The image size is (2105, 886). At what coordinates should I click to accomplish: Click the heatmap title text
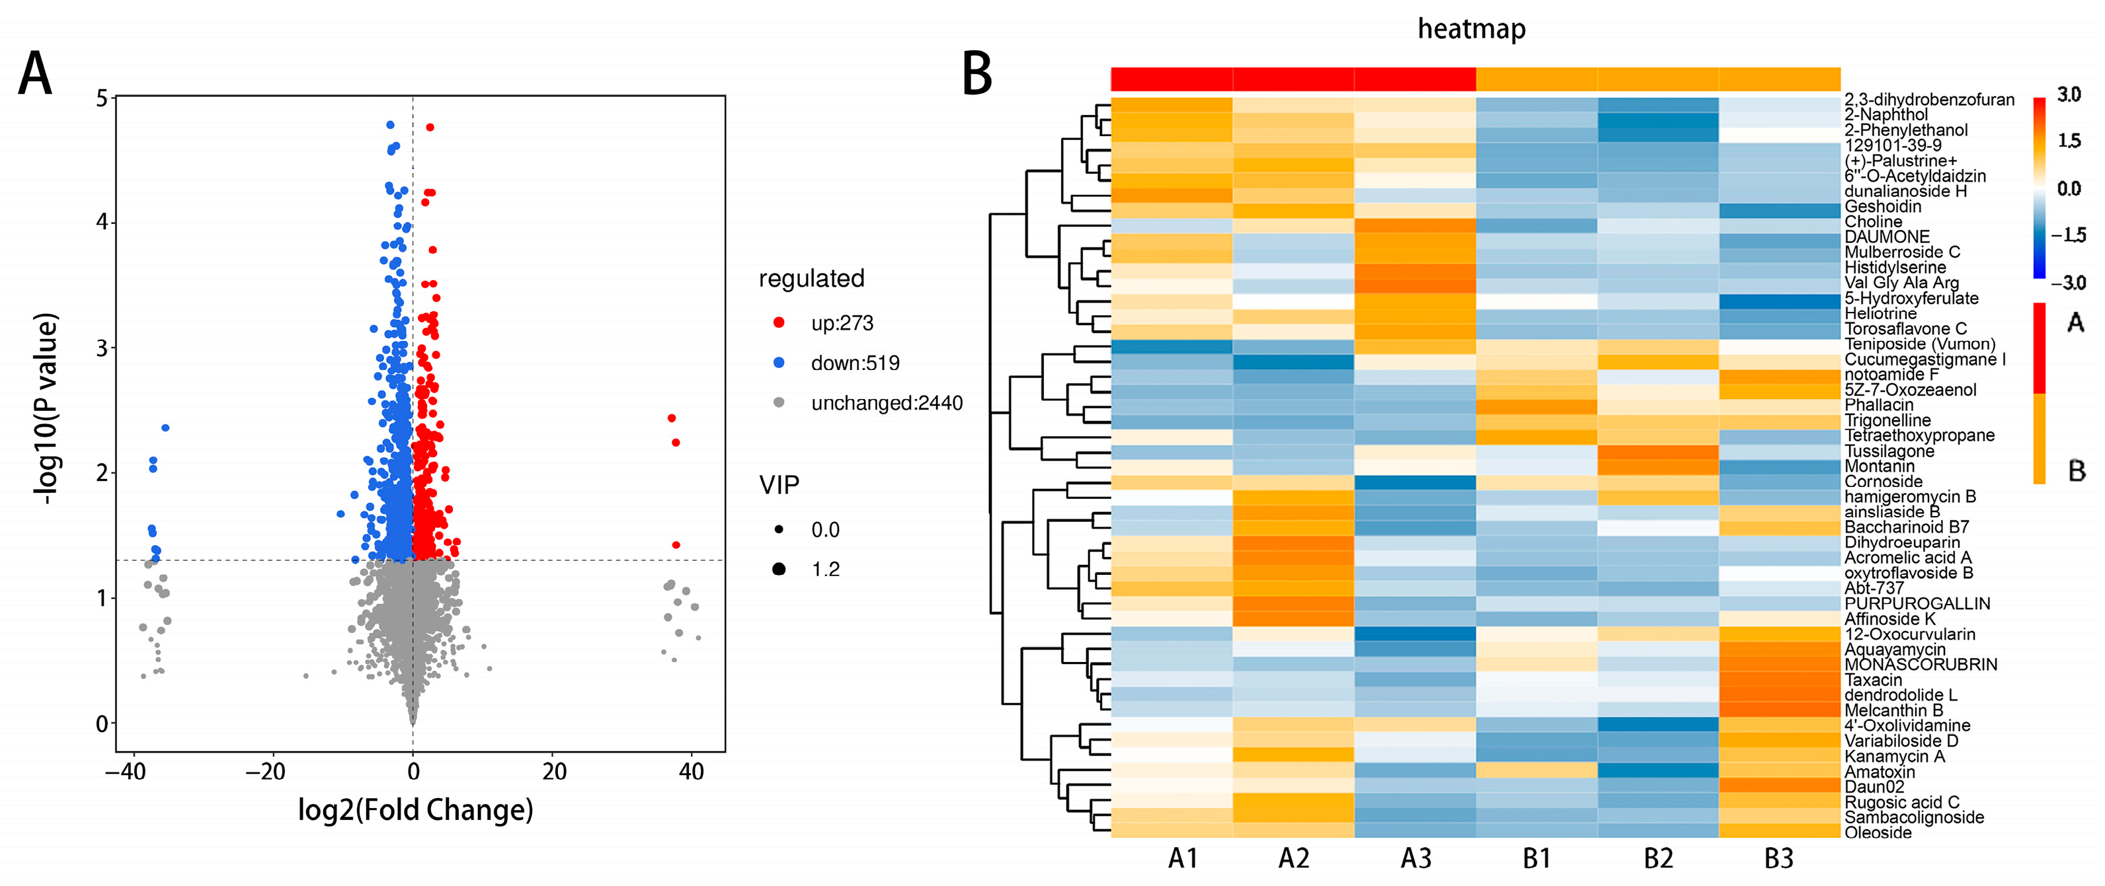point(1471,29)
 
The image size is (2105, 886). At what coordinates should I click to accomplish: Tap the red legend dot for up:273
point(779,322)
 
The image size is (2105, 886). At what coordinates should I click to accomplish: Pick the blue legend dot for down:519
point(779,363)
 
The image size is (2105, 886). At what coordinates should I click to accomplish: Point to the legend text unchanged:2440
point(887,402)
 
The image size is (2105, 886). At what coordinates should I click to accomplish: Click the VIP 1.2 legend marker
point(779,569)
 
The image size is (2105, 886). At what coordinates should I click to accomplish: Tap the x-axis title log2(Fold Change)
point(415,810)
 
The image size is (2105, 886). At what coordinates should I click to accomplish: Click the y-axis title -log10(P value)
point(46,408)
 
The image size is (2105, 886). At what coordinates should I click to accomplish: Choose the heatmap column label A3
point(1415,858)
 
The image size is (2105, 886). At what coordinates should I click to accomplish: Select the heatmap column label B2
point(1658,858)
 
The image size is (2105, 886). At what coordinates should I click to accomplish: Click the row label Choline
point(1873,222)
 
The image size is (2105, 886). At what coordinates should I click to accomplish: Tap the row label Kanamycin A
point(1894,756)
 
